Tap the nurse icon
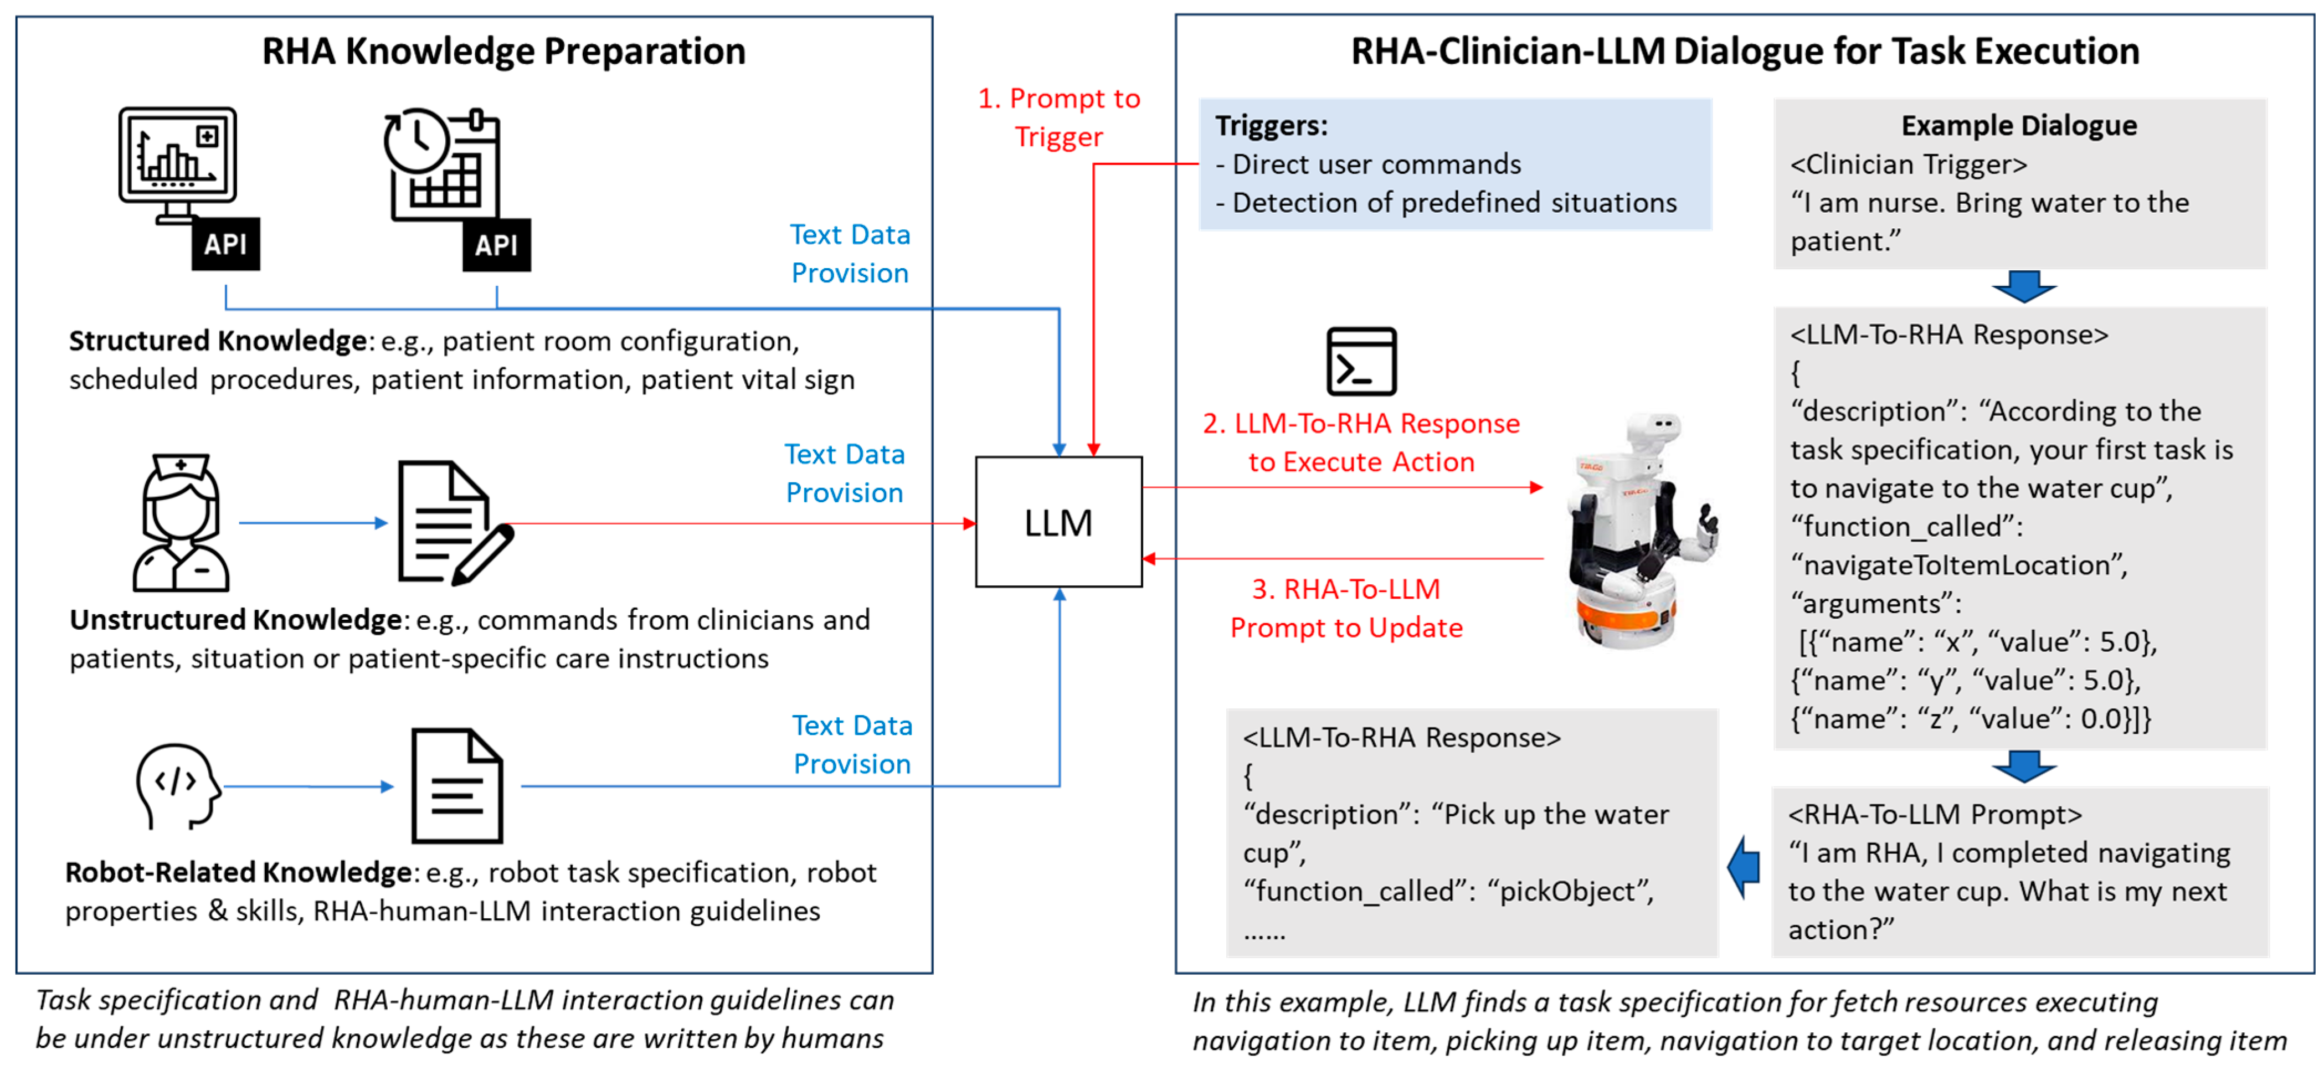point(181,522)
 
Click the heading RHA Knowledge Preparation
point(503,52)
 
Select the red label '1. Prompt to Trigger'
point(1058,117)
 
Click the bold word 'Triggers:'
point(1271,125)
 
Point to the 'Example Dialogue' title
point(2018,125)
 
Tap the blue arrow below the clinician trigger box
point(2024,287)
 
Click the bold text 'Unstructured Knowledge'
point(235,620)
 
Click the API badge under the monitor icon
point(225,244)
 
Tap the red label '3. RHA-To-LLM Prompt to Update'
point(1345,608)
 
